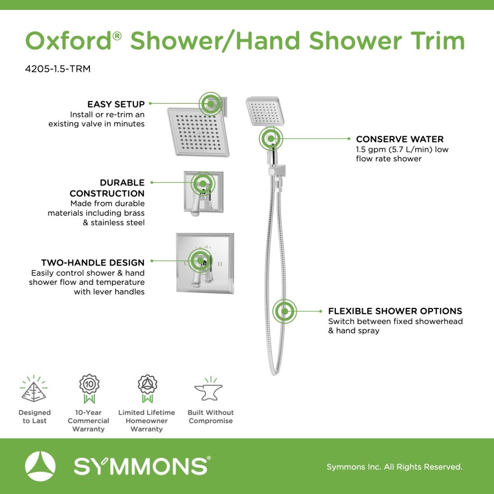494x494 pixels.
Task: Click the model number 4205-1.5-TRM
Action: tap(58, 69)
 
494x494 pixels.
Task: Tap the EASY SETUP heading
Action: tap(116, 104)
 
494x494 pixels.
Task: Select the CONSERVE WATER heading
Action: tap(400, 139)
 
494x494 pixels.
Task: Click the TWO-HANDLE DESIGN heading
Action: tap(93, 262)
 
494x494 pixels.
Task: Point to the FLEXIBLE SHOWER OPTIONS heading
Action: tap(395, 311)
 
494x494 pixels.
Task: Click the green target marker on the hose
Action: tap(284, 311)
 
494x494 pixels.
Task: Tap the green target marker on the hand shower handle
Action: tap(271, 139)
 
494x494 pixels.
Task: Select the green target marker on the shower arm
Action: tap(210, 104)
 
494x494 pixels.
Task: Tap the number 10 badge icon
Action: tap(89, 389)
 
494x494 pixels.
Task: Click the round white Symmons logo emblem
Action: tap(40, 466)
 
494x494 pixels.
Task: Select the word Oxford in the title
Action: tap(69, 41)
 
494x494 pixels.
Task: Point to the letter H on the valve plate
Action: tap(220, 263)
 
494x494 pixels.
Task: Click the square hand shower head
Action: tap(265, 111)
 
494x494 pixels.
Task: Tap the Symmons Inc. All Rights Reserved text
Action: tap(395, 467)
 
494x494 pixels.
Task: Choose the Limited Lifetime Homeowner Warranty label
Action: tap(147, 420)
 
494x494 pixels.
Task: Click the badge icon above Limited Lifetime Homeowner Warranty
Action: tap(147, 389)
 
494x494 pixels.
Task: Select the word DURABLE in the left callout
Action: tap(122, 182)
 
